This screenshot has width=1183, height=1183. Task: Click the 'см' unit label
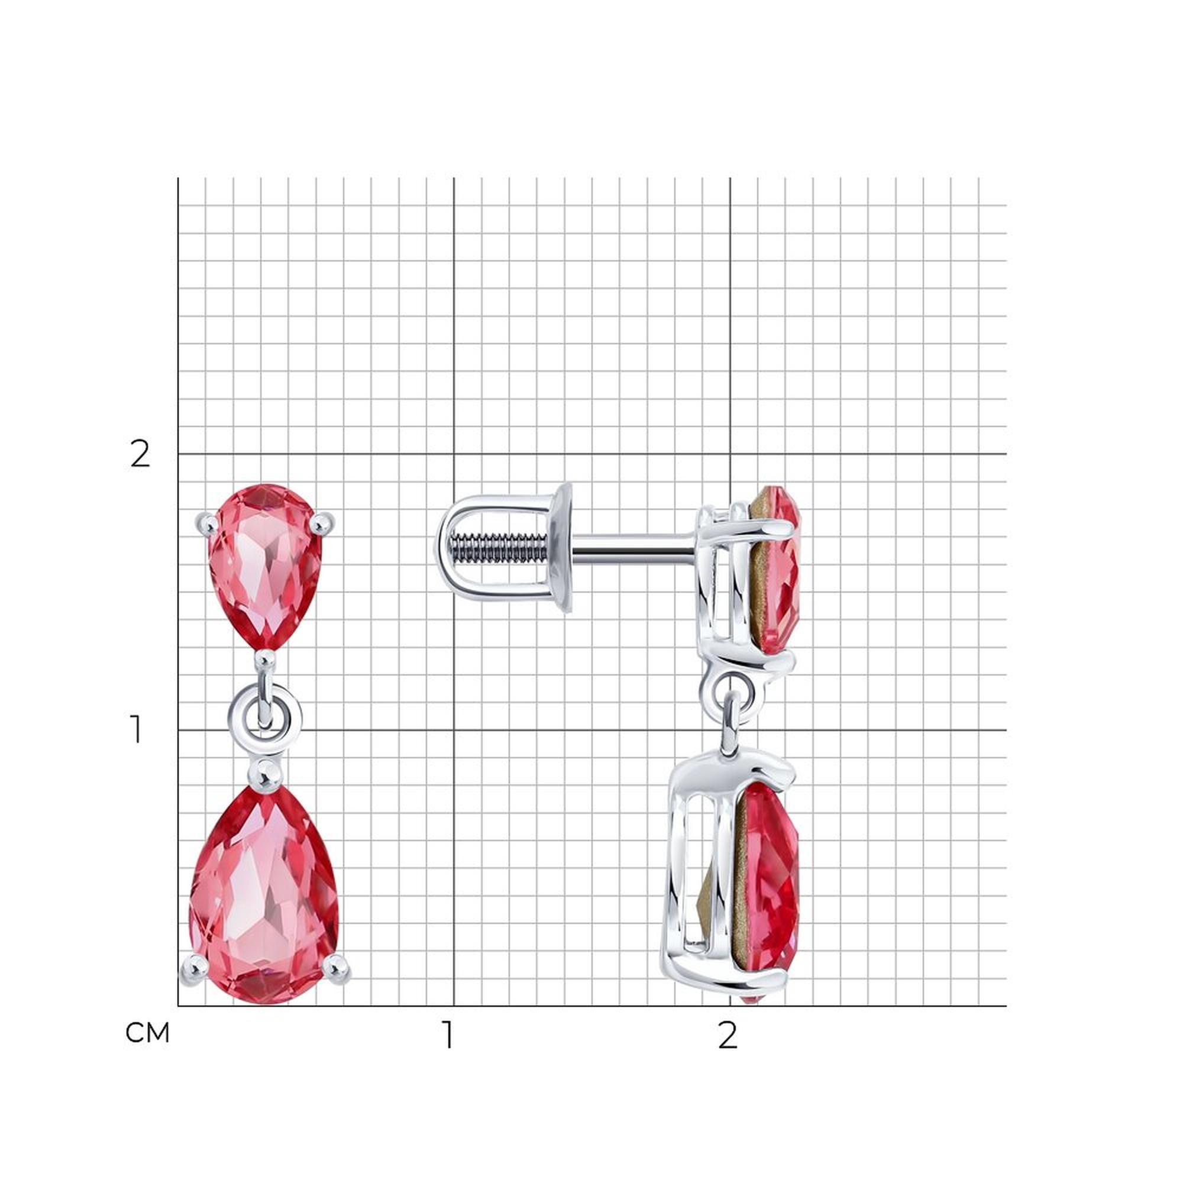(x=147, y=1033)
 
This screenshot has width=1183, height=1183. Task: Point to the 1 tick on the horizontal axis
(x=448, y=1035)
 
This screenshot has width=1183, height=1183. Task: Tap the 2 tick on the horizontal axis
(x=727, y=1035)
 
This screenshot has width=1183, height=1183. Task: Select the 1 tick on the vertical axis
(x=136, y=730)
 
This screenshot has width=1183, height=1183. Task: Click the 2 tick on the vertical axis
(x=140, y=454)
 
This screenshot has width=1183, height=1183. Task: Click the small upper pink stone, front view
(x=265, y=567)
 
